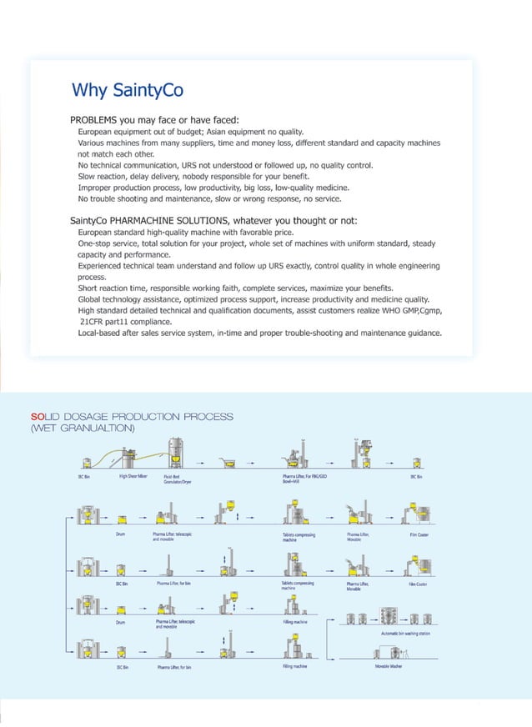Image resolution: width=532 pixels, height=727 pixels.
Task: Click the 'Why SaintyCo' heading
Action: [128, 89]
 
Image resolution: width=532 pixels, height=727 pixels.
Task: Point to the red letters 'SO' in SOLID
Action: [36, 416]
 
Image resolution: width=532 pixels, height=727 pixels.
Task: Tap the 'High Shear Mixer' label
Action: [133, 476]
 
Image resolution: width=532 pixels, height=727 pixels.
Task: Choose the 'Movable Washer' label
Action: [388, 666]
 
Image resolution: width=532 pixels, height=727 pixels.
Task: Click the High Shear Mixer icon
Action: [129, 461]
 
